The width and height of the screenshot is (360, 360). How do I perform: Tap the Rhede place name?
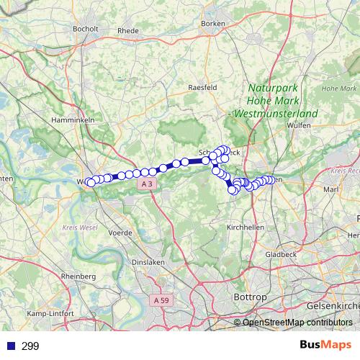coord(127,30)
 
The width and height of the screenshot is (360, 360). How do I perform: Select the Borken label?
coord(214,24)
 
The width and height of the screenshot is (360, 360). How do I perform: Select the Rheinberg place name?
coord(78,276)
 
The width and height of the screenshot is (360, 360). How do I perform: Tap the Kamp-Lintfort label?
coord(47,314)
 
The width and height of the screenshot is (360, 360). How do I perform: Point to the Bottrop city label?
coord(250,296)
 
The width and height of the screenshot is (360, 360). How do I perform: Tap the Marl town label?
coord(331,189)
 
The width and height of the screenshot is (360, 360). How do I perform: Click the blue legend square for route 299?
coord(10,346)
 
